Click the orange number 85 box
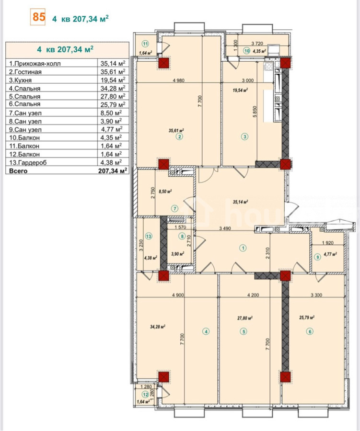[38, 17]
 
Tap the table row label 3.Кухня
[20, 80]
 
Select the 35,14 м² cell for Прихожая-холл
[113, 64]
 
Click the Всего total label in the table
[18, 170]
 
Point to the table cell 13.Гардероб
[28, 162]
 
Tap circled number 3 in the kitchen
[244, 136]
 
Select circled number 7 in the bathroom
[175, 209]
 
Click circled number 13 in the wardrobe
[149, 236]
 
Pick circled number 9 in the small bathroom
[318, 257]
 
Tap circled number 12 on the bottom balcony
[145, 395]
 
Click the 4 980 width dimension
[179, 80]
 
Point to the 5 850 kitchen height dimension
[255, 112]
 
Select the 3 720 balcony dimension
[257, 43]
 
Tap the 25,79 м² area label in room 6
[307, 318]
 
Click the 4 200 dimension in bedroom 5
[253, 295]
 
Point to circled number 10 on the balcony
[246, 51]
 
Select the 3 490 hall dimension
[225, 228]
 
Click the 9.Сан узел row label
[25, 129]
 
